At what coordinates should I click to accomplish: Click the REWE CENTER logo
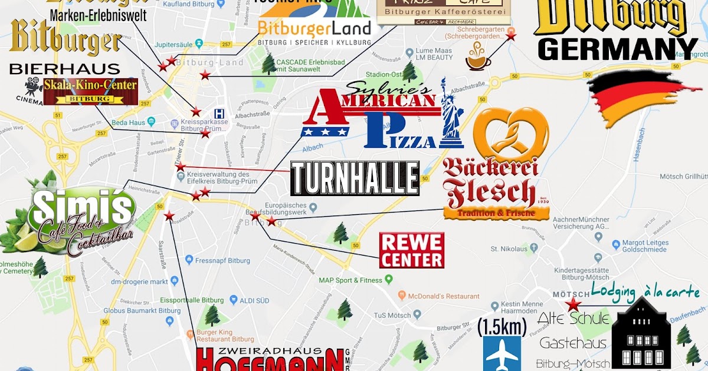click(x=411, y=250)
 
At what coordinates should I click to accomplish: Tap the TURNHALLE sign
click(x=355, y=178)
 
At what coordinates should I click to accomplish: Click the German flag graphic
click(x=640, y=97)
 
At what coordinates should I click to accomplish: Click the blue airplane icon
click(x=502, y=353)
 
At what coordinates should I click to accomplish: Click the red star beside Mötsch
click(x=572, y=304)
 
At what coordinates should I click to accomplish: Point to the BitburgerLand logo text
click(x=314, y=28)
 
